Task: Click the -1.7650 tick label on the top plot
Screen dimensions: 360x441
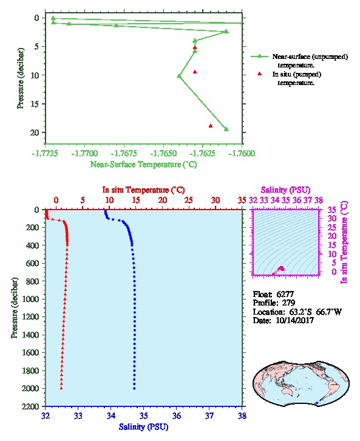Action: coord(163,153)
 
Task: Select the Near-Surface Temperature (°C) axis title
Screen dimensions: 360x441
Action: coord(143,165)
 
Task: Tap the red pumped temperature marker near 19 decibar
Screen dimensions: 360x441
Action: coord(211,126)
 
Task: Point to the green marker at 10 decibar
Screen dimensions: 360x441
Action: coord(179,76)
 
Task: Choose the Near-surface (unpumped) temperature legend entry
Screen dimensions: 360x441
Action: coord(299,61)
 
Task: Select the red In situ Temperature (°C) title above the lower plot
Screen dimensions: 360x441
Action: coord(143,190)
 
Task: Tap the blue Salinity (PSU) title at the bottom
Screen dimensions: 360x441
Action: coord(143,426)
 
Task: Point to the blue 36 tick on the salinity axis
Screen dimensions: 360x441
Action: coord(177,415)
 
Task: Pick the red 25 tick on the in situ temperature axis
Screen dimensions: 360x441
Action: coord(189,200)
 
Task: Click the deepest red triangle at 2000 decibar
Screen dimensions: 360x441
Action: coord(61,388)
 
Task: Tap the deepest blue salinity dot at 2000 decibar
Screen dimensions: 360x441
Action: coord(134,388)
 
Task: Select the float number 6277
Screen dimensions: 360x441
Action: coord(285,294)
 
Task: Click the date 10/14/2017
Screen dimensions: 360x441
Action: coord(294,320)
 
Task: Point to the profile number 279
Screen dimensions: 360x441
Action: coord(288,303)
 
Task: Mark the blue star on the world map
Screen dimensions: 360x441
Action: coord(317,403)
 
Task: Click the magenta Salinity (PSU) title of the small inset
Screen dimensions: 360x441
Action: coord(285,190)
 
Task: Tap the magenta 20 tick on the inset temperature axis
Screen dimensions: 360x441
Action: coord(332,236)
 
